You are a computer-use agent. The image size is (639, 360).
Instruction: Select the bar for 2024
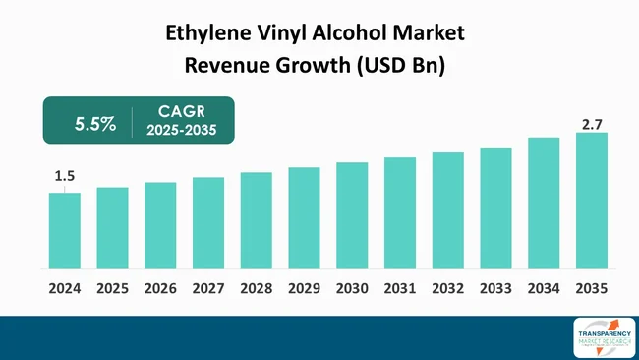coord(65,230)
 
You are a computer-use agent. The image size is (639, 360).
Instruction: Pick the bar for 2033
coord(495,208)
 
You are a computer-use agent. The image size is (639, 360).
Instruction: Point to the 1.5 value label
coord(65,176)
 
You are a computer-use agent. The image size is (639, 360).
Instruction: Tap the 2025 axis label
coord(112,289)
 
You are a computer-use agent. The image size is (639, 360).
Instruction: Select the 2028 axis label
coord(256,289)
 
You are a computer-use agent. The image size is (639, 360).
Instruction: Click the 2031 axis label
coord(399,289)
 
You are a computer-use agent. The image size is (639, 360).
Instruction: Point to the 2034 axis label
coord(543,289)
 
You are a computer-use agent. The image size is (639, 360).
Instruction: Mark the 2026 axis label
coord(160,289)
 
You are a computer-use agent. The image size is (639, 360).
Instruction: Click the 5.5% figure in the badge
coord(95,125)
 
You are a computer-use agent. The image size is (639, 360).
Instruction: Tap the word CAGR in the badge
coord(182,112)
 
